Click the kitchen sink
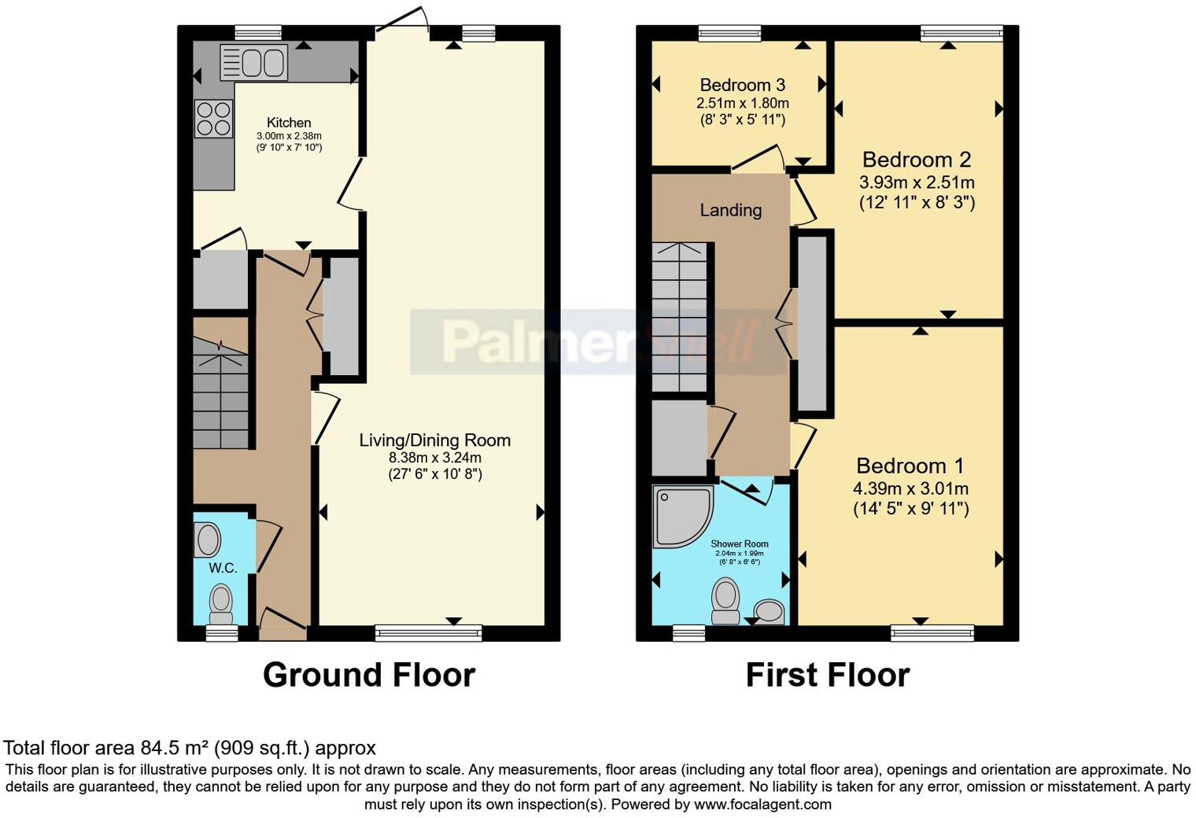[x=253, y=63]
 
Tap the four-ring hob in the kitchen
[x=213, y=119]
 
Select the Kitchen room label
[x=289, y=123]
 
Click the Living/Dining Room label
[x=434, y=440]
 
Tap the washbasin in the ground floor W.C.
[x=208, y=540]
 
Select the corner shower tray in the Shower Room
[x=681, y=514]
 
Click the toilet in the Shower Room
[x=725, y=601]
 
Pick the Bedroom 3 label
[x=742, y=85]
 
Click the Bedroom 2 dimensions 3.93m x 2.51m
[x=917, y=182]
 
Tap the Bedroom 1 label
[x=910, y=466]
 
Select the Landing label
[x=731, y=210]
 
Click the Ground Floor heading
[x=368, y=675]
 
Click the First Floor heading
[x=828, y=675]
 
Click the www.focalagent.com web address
[x=762, y=805]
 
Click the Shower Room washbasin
[x=769, y=611]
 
